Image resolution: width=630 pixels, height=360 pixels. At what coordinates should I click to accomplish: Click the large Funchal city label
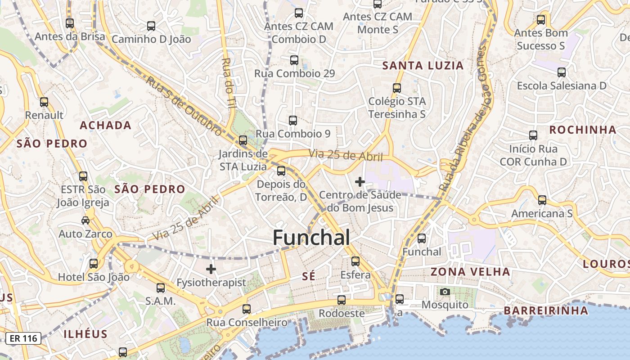(x=311, y=238)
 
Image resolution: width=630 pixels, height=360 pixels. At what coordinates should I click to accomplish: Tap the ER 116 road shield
(x=23, y=338)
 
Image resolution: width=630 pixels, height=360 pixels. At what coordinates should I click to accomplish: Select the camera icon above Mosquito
(x=445, y=292)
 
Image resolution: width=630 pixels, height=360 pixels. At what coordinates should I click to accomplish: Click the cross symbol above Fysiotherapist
(x=211, y=270)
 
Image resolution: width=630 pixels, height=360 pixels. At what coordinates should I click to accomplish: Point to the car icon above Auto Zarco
(x=85, y=220)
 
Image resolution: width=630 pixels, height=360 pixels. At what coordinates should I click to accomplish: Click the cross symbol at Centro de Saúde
(x=360, y=182)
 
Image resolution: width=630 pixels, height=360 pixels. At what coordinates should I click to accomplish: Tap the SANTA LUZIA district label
(x=423, y=66)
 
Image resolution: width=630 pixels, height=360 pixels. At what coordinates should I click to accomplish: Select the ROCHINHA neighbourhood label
(x=583, y=130)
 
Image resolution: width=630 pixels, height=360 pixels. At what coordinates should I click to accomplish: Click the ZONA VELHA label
(x=470, y=272)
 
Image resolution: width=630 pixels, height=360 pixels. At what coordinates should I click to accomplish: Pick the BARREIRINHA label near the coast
(x=546, y=310)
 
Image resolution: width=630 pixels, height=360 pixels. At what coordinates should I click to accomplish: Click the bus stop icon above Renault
(x=44, y=102)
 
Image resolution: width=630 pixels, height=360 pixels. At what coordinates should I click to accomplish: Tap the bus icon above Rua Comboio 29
(x=294, y=60)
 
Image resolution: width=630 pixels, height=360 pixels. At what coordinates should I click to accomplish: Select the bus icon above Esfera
(x=355, y=261)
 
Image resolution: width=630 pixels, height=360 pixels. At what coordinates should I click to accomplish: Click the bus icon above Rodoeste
(x=342, y=300)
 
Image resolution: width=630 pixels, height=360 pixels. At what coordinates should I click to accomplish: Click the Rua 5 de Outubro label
(x=184, y=106)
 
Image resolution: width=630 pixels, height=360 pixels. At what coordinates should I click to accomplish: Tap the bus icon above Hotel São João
(x=94, y=264)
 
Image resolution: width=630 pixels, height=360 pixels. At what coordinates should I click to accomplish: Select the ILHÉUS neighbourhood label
(x=85, y=334)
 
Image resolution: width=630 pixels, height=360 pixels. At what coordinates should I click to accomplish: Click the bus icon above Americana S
(x=542, y=200)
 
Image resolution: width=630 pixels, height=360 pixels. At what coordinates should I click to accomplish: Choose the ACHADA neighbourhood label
(x=106, y=126)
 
